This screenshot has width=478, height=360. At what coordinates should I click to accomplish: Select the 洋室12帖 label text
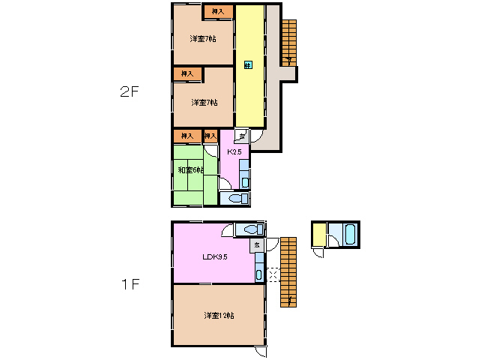pos(219,316)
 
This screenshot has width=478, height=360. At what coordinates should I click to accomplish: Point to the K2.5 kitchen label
pos(234,152)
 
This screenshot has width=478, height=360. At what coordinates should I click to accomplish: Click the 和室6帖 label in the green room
pos(190,170)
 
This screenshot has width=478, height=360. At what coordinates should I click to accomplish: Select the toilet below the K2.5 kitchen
pos(235,199)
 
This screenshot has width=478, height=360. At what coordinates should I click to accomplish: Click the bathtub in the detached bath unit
pos(350,234)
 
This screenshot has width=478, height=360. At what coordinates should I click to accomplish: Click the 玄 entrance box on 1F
pos(256,244)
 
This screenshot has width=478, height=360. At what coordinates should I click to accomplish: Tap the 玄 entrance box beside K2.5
pos(241,136)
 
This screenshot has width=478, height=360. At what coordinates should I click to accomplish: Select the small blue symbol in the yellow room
pos(247,65)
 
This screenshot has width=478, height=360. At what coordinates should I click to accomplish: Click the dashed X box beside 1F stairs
pos(273,275)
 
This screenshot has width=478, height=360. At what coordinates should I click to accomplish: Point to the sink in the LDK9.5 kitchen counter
pos(259,274)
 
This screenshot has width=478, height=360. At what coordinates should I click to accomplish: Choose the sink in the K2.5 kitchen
pos(245,181)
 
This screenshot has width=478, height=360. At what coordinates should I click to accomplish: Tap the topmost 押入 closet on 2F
pos(217,11)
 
